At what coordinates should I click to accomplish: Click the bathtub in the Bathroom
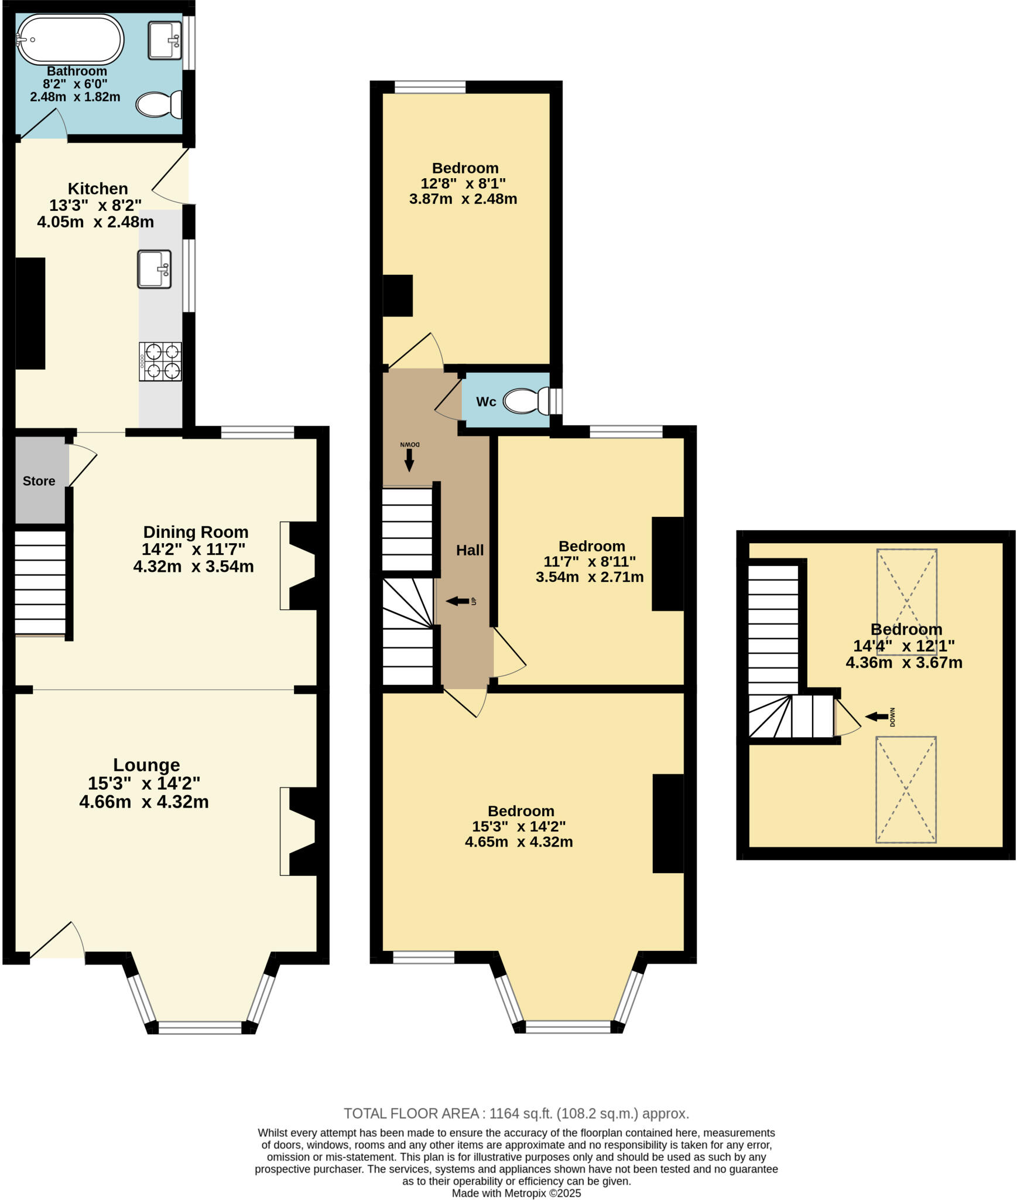coord(70,39)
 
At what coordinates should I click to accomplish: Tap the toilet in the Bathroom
coord(158,105)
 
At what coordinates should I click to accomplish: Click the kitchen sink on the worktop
coord(155,269)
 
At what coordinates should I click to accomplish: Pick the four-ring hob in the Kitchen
coord(160,362)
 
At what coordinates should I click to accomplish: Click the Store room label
coord(39,481)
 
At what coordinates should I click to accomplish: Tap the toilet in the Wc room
coord(526,401)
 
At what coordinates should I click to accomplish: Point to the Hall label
coord(470,550)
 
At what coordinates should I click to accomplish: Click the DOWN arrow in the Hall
coord(409,460)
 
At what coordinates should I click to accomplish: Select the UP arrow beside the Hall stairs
coord(458,601)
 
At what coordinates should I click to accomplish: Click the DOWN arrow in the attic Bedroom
coord(876,716)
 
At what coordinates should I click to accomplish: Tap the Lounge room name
coord(146,765)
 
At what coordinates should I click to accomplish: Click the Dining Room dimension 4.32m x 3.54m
coord(193,567)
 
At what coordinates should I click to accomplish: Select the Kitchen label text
coord(98,189)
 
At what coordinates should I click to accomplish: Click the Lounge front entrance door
coord(57,942)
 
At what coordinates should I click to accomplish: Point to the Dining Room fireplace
coord(302,565)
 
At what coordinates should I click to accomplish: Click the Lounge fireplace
coord(302,831)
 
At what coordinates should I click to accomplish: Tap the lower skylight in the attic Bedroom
coord(905,789)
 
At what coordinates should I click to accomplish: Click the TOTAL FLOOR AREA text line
coord(516,1113)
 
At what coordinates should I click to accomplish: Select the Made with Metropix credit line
coord(516,1193)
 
